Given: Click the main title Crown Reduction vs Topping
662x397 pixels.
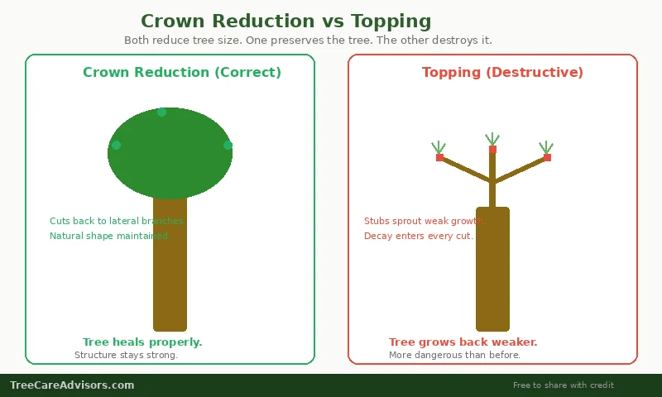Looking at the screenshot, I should [x=285, y=22].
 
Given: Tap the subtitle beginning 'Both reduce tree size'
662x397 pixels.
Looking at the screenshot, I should [x=308, y=40].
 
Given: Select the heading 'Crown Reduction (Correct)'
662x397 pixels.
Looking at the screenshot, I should [x=182, y=73].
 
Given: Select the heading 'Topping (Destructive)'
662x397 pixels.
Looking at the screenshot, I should [x=502, y=73].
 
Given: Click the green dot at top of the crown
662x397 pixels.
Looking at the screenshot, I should [x=162, y=112].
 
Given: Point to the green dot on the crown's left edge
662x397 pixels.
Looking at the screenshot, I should [x=116, y=145].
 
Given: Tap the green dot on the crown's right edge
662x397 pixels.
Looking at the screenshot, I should [x=228, y=145].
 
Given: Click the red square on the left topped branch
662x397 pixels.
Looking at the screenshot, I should [x=439, y=157].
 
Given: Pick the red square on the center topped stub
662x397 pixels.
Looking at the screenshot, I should [x=492, y=150].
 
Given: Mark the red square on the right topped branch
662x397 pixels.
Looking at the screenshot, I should [x=547, y=157].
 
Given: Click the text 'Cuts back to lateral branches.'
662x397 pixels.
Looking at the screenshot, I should [x=118, y=221].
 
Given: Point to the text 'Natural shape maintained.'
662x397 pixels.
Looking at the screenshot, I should [x=110, y=236].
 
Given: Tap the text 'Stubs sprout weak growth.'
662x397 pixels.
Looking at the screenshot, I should [x=425, y=221].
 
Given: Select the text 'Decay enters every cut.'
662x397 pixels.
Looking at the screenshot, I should [x=419, y=236].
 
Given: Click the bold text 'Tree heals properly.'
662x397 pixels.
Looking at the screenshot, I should [x=142, y=342].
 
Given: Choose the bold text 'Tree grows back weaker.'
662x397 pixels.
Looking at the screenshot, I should [x=463, y=342].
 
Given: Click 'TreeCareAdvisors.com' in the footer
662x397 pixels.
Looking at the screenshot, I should [x=72, y=385].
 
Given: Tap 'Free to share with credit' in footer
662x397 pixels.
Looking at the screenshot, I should [x=564, y=385].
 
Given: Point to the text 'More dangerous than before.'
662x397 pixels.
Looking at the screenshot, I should [x=455, y=356].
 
